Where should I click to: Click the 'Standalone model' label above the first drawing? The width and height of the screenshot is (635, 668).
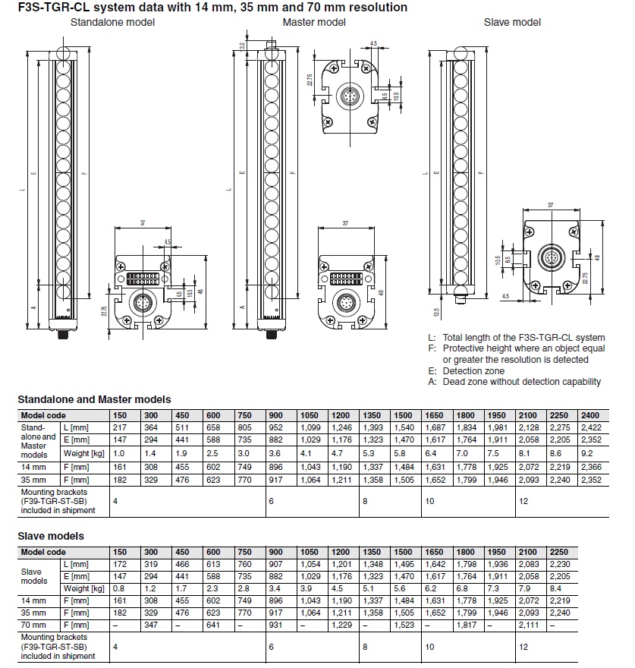pyautogui.click(x=112, y=22)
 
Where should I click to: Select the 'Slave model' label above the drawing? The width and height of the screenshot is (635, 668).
pyautogui.click(x=512, y=22)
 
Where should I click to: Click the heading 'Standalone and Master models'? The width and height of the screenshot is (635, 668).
pyautogui.click(x=94, y=399)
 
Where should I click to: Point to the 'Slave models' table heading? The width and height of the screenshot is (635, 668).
pyautogui.click(x=51, y=536)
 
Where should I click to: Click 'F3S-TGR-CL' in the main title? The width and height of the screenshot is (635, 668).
pyautogui.click(x=49, y=7)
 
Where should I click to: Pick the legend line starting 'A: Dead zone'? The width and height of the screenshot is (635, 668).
pyautogui.click(x=514, y=382)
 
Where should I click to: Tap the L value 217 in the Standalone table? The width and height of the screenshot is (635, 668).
pyautogui.click(x=120, y=428)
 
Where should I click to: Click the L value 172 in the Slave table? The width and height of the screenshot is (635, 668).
pyautogui.click(x=120, y=565)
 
